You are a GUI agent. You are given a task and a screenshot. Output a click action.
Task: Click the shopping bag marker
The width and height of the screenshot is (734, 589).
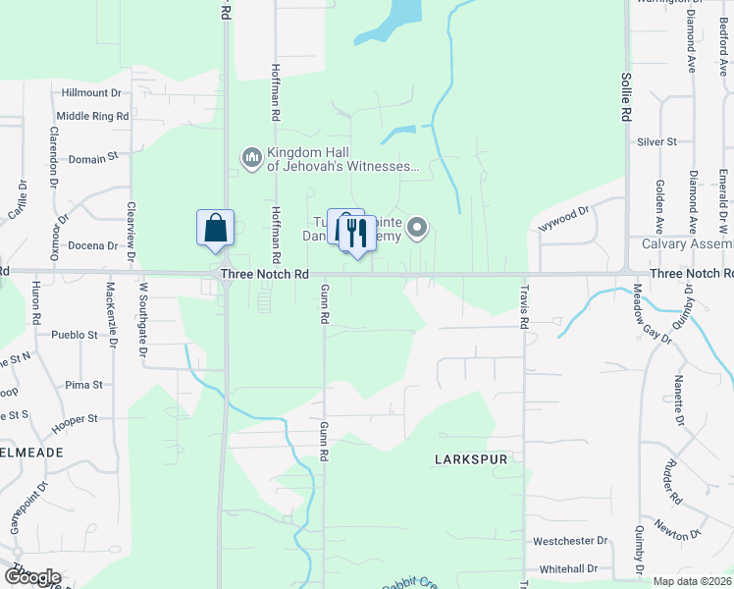216,229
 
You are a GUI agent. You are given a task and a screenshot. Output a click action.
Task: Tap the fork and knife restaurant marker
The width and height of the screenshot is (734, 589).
357,234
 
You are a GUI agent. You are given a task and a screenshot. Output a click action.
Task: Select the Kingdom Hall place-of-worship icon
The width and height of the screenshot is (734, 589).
251,157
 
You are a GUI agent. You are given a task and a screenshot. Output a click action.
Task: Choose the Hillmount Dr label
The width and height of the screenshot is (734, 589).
90,93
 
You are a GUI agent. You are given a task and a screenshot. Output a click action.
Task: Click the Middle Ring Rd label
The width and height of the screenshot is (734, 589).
92,116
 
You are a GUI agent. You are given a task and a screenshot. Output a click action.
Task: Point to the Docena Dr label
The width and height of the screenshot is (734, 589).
94,245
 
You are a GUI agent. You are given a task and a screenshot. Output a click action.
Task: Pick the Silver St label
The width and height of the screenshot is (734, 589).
656,142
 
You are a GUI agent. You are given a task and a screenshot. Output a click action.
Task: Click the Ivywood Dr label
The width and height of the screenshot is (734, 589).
563,219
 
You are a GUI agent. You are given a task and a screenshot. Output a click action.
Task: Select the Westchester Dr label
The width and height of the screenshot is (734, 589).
570,541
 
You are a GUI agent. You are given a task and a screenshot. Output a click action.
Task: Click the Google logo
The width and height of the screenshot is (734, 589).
32,577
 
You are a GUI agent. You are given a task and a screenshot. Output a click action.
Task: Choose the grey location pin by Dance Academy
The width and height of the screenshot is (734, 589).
417,230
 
